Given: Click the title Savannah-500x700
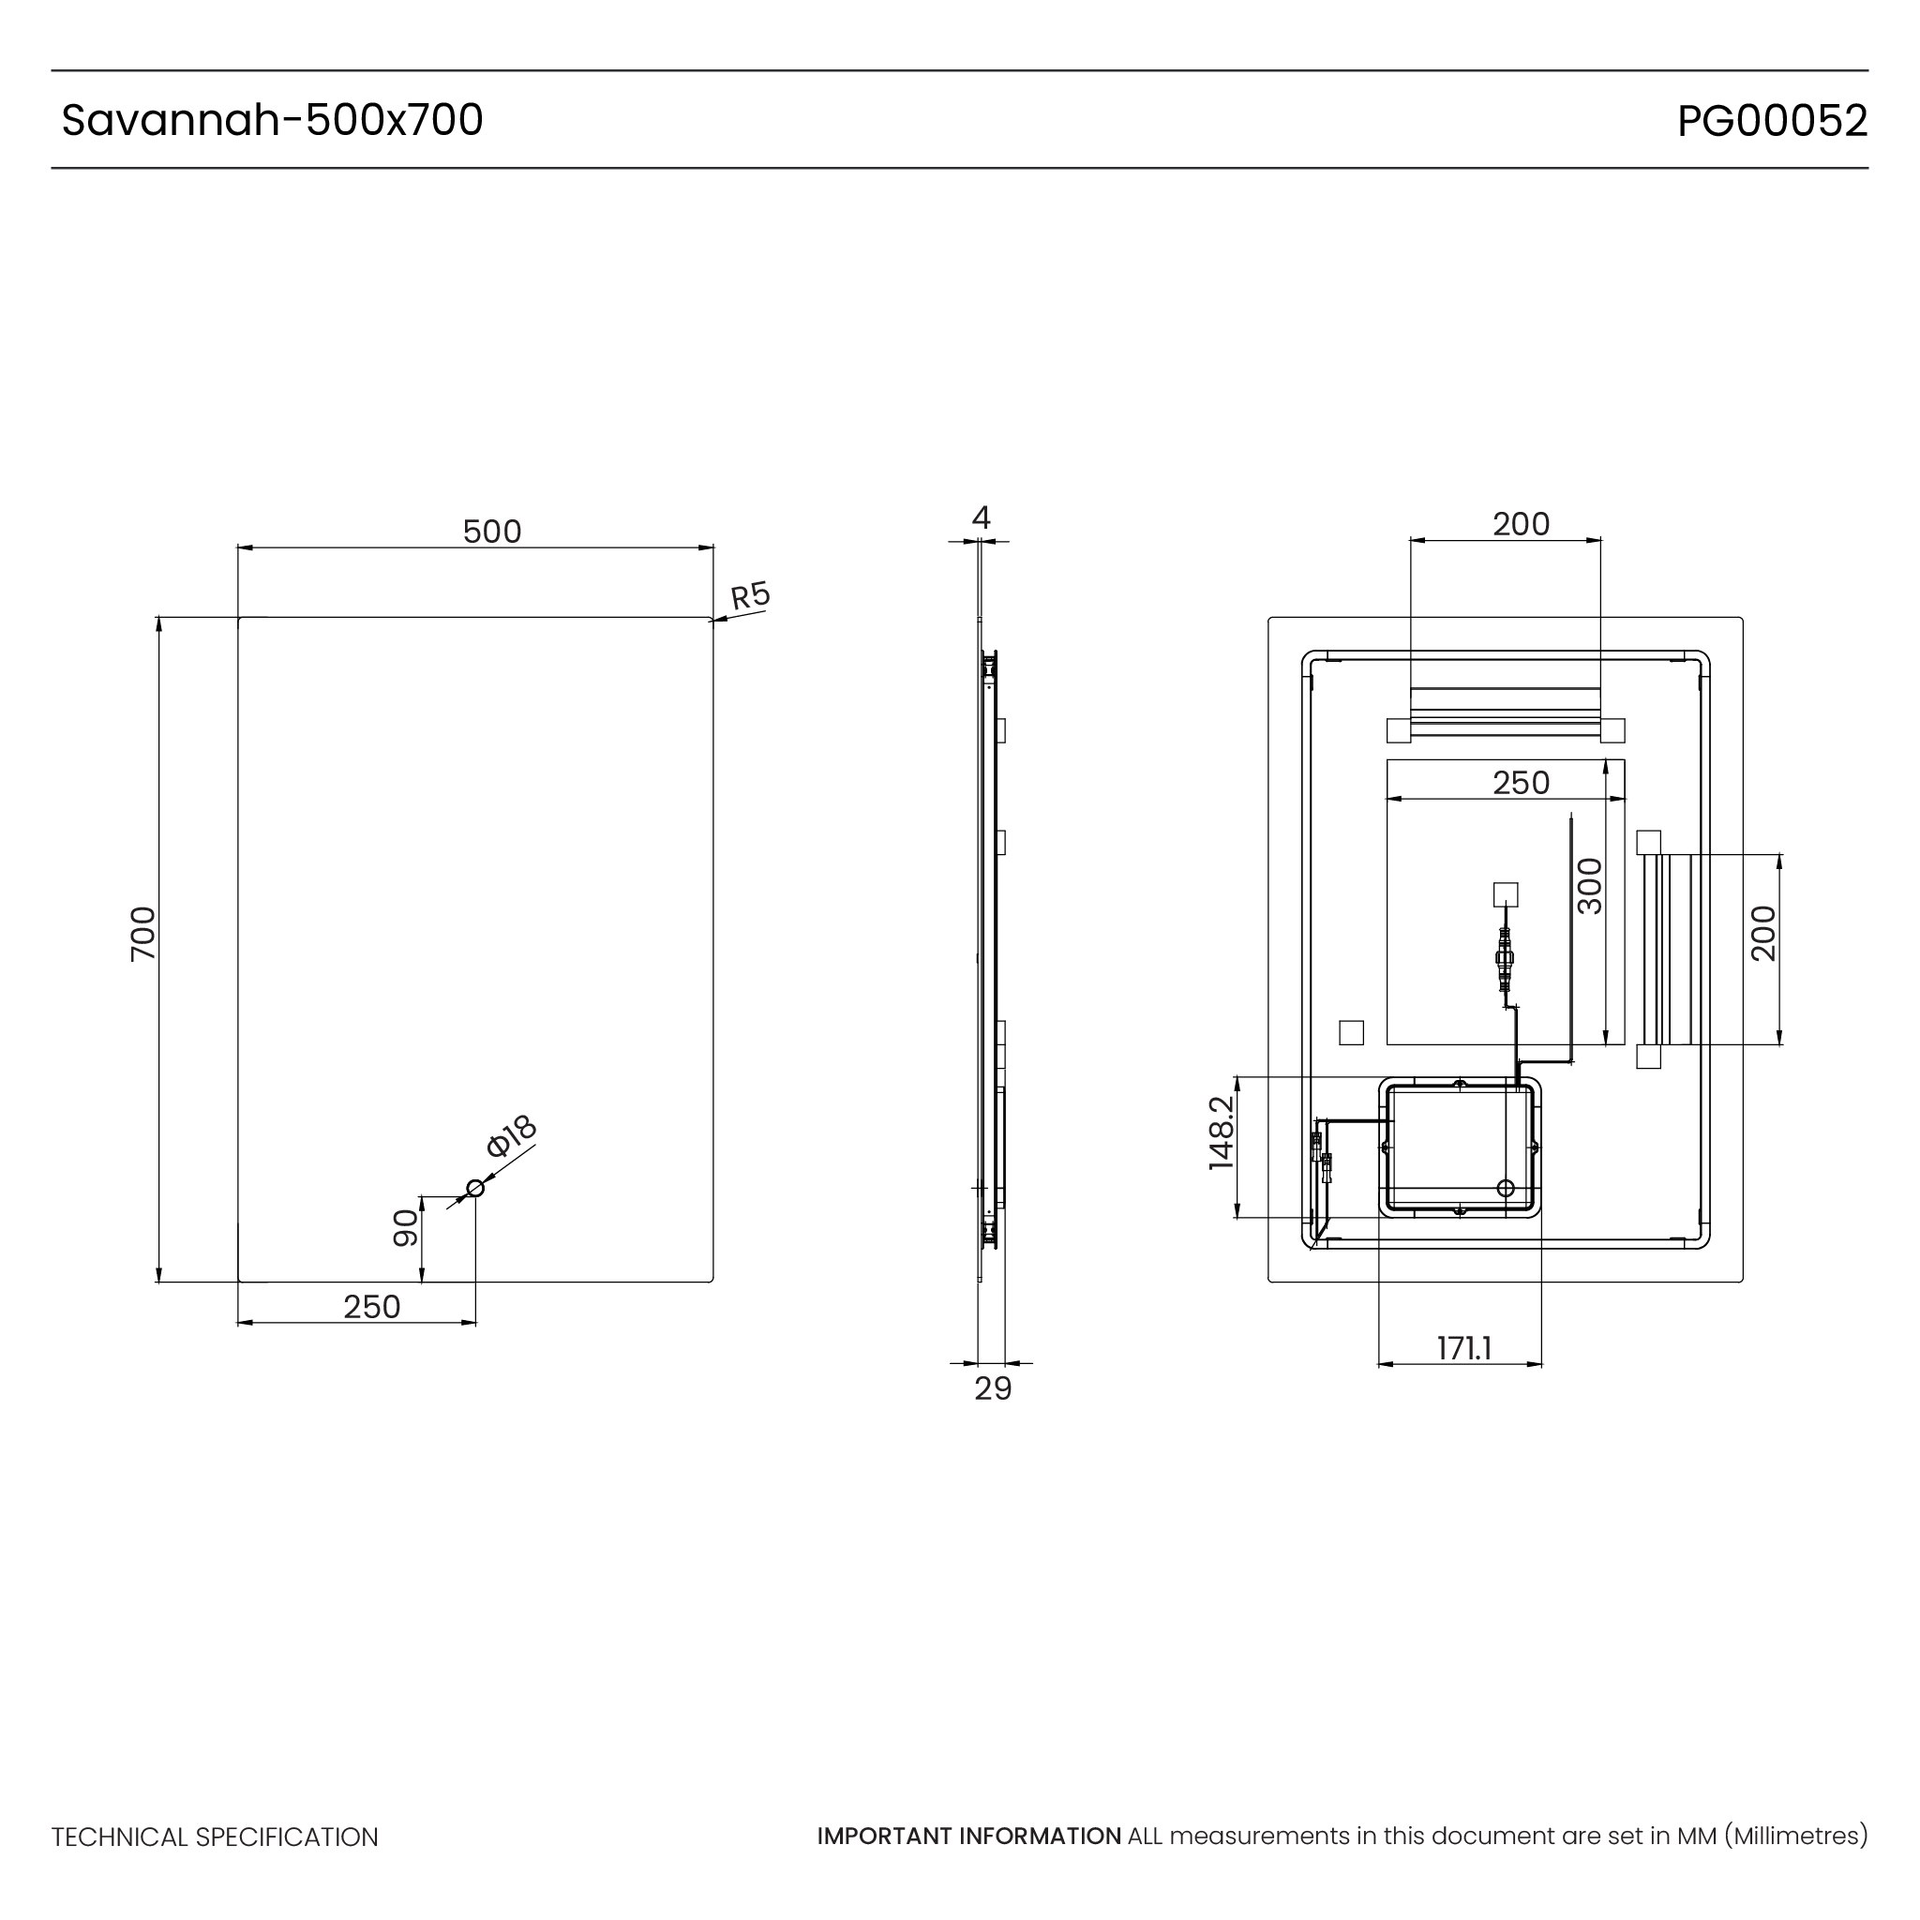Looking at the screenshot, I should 272,120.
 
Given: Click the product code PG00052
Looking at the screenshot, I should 1772,121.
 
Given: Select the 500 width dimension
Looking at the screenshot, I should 492,532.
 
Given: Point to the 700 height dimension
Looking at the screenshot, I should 144,933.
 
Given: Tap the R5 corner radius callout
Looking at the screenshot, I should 750,595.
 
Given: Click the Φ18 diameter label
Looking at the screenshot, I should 512,1136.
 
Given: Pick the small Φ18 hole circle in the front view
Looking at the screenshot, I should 475,1189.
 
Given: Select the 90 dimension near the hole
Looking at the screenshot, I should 405,1228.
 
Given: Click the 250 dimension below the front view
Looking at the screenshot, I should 371,1307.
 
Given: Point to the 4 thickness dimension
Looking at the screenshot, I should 981,517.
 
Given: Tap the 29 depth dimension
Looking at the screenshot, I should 993,1389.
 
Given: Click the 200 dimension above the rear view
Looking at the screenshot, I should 1521,524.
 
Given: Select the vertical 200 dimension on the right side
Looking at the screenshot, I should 1763,933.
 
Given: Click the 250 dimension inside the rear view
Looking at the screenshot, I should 1521,783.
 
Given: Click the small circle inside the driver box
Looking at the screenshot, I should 1506,1189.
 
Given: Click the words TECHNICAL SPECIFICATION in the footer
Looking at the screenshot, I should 215,1837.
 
